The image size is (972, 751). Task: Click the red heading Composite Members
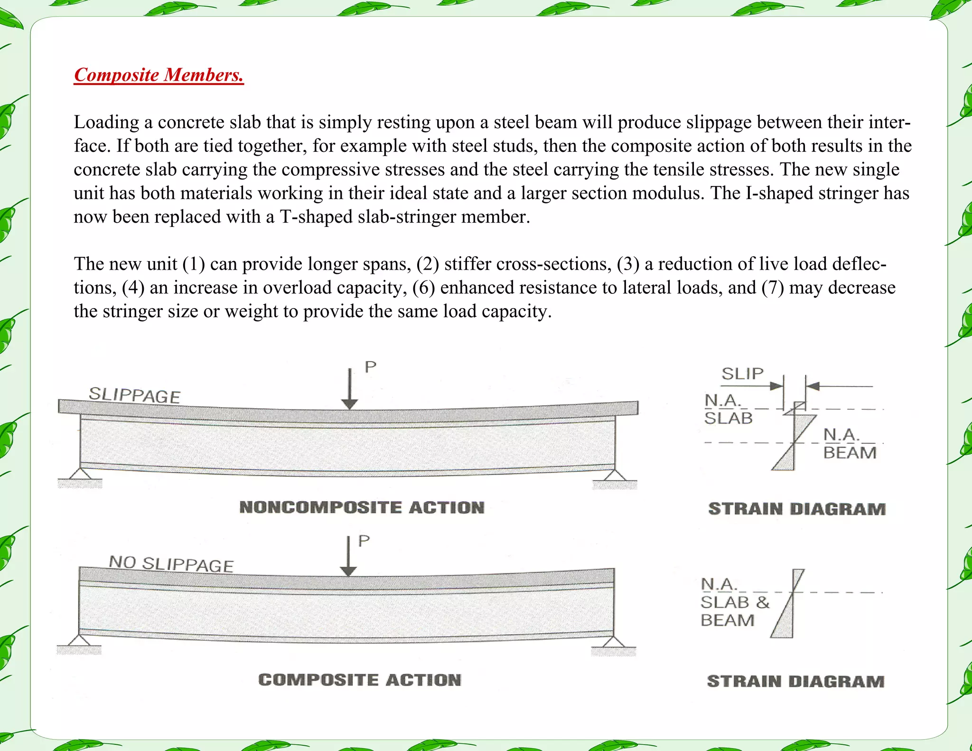(159, 75)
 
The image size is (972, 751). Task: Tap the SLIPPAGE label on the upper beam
(134, 395)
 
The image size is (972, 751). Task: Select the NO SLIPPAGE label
(171, 563)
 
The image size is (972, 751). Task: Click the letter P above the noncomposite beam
(370, 366)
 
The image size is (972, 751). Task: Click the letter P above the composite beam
(364, 541)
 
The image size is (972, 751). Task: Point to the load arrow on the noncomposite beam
(350, 389)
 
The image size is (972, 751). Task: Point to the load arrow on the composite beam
(349, 556)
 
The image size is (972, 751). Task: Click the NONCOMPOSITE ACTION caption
(362, 507)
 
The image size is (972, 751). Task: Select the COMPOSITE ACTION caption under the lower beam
(360, 680)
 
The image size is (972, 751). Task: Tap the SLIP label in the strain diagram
(742, 374)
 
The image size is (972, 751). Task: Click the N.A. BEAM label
(850, 444)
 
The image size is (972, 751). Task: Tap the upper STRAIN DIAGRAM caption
(797, 509)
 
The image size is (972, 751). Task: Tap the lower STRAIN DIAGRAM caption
(795, 681)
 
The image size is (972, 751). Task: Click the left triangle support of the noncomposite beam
(80, 474)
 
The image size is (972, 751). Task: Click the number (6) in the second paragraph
(423, 288)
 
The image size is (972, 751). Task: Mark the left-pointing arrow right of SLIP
(839, 386)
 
